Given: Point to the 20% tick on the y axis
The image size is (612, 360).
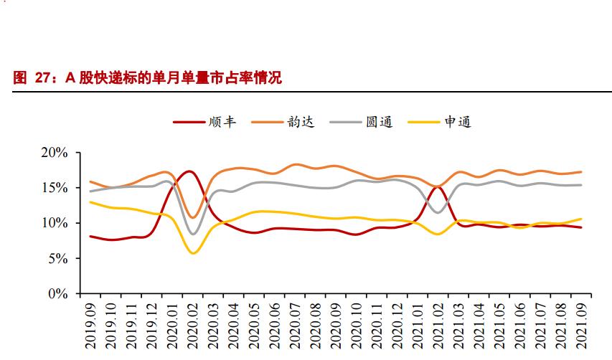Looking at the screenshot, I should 53,153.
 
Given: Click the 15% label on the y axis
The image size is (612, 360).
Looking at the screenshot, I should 53,188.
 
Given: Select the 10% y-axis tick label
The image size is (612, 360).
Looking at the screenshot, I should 53,223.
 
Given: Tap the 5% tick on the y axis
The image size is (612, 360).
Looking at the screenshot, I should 57,258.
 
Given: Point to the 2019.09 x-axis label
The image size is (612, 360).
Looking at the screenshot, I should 90,325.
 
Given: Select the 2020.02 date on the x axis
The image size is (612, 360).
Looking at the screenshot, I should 192,325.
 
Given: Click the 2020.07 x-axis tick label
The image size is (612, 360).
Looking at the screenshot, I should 293,325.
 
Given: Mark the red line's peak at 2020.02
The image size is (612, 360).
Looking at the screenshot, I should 189,171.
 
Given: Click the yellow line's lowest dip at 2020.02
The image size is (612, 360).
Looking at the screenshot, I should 192,253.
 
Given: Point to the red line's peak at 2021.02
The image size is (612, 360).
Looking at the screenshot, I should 438,187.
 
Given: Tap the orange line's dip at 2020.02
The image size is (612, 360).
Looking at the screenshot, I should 192,217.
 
